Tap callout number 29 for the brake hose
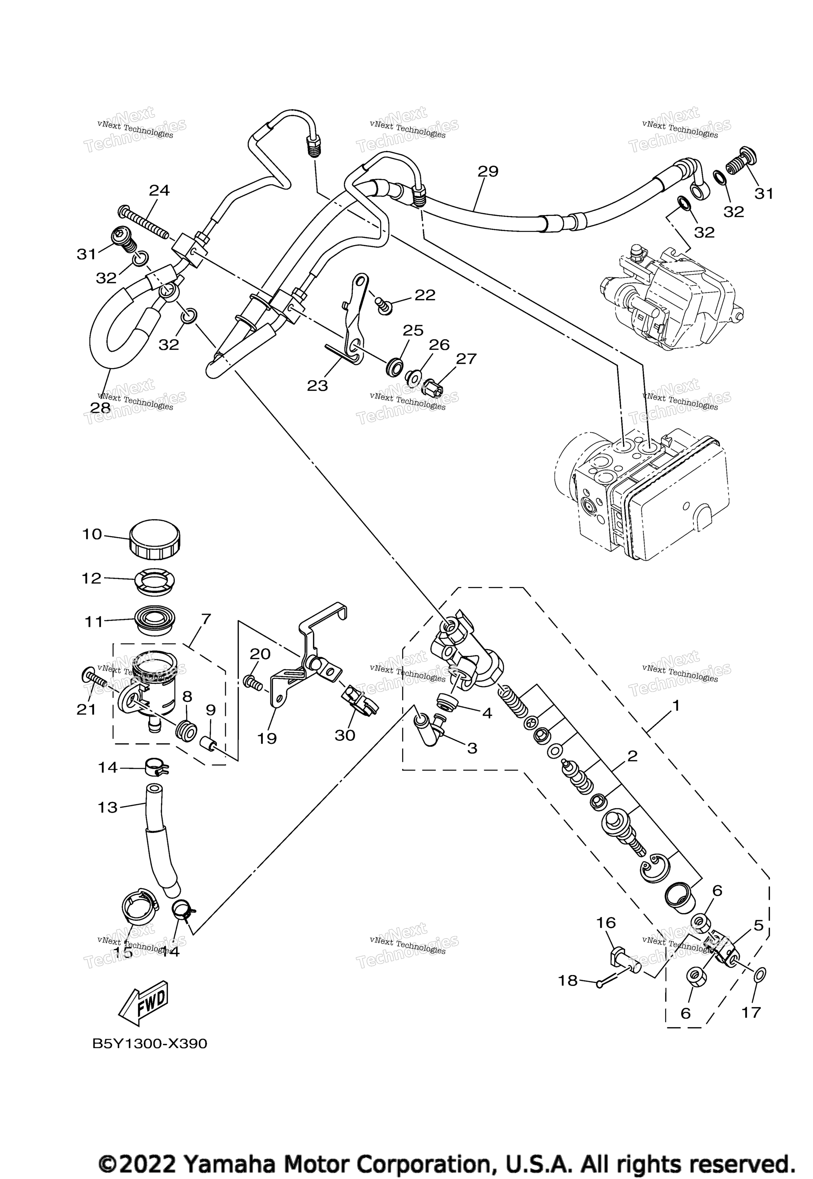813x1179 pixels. [488, 171]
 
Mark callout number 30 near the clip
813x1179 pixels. [345, 735]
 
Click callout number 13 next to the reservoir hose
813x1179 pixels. [107, 807]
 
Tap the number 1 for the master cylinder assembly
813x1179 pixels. [676, 706]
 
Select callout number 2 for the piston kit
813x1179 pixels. [632, 755]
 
